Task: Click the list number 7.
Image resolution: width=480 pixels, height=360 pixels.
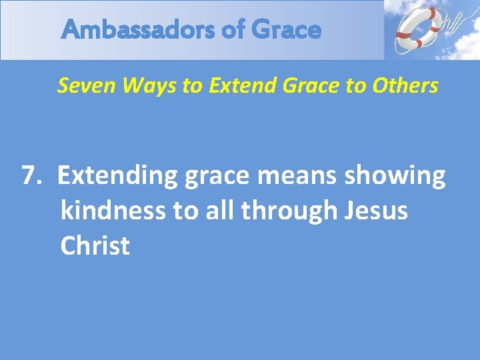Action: pyautogui.click(x=31, y=176)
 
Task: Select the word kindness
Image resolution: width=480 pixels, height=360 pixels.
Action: pyautogui.click(x=112, y=211)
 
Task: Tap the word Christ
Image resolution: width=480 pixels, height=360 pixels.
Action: pyautogui.click(x=95, y=245)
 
